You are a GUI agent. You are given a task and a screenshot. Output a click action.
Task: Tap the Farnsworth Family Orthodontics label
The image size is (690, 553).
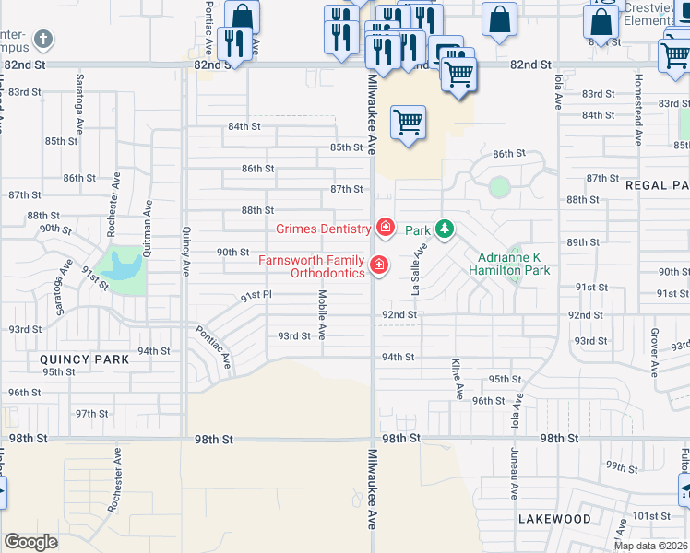click(x=311, y=266)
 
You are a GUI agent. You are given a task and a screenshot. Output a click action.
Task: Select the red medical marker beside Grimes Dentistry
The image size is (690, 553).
click(x=384, y=227)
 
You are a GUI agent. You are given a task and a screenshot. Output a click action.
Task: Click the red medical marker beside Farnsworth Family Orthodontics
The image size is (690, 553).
click(x=378, y=265)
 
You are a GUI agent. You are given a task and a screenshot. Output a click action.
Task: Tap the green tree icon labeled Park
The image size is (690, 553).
click(x=445, y=228)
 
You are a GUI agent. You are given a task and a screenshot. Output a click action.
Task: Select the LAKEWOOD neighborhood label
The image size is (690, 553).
click(x=553, y=519)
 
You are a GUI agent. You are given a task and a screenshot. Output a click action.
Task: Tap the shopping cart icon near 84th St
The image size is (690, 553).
click(x=407, y=121)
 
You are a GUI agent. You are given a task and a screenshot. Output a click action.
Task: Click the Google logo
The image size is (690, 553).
click(x=30, y=541)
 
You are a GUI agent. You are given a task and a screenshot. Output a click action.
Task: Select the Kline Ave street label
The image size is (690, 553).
click(x=458, y=379)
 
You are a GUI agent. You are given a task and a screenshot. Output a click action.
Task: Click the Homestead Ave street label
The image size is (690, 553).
click(x=637, y=118)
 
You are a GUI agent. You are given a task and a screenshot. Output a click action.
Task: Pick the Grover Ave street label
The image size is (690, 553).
click(x=654, y=351)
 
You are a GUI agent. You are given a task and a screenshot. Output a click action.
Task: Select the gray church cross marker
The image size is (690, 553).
click(x=42, y=41)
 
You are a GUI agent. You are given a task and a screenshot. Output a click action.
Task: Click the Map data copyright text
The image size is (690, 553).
click(x=649, y=546)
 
